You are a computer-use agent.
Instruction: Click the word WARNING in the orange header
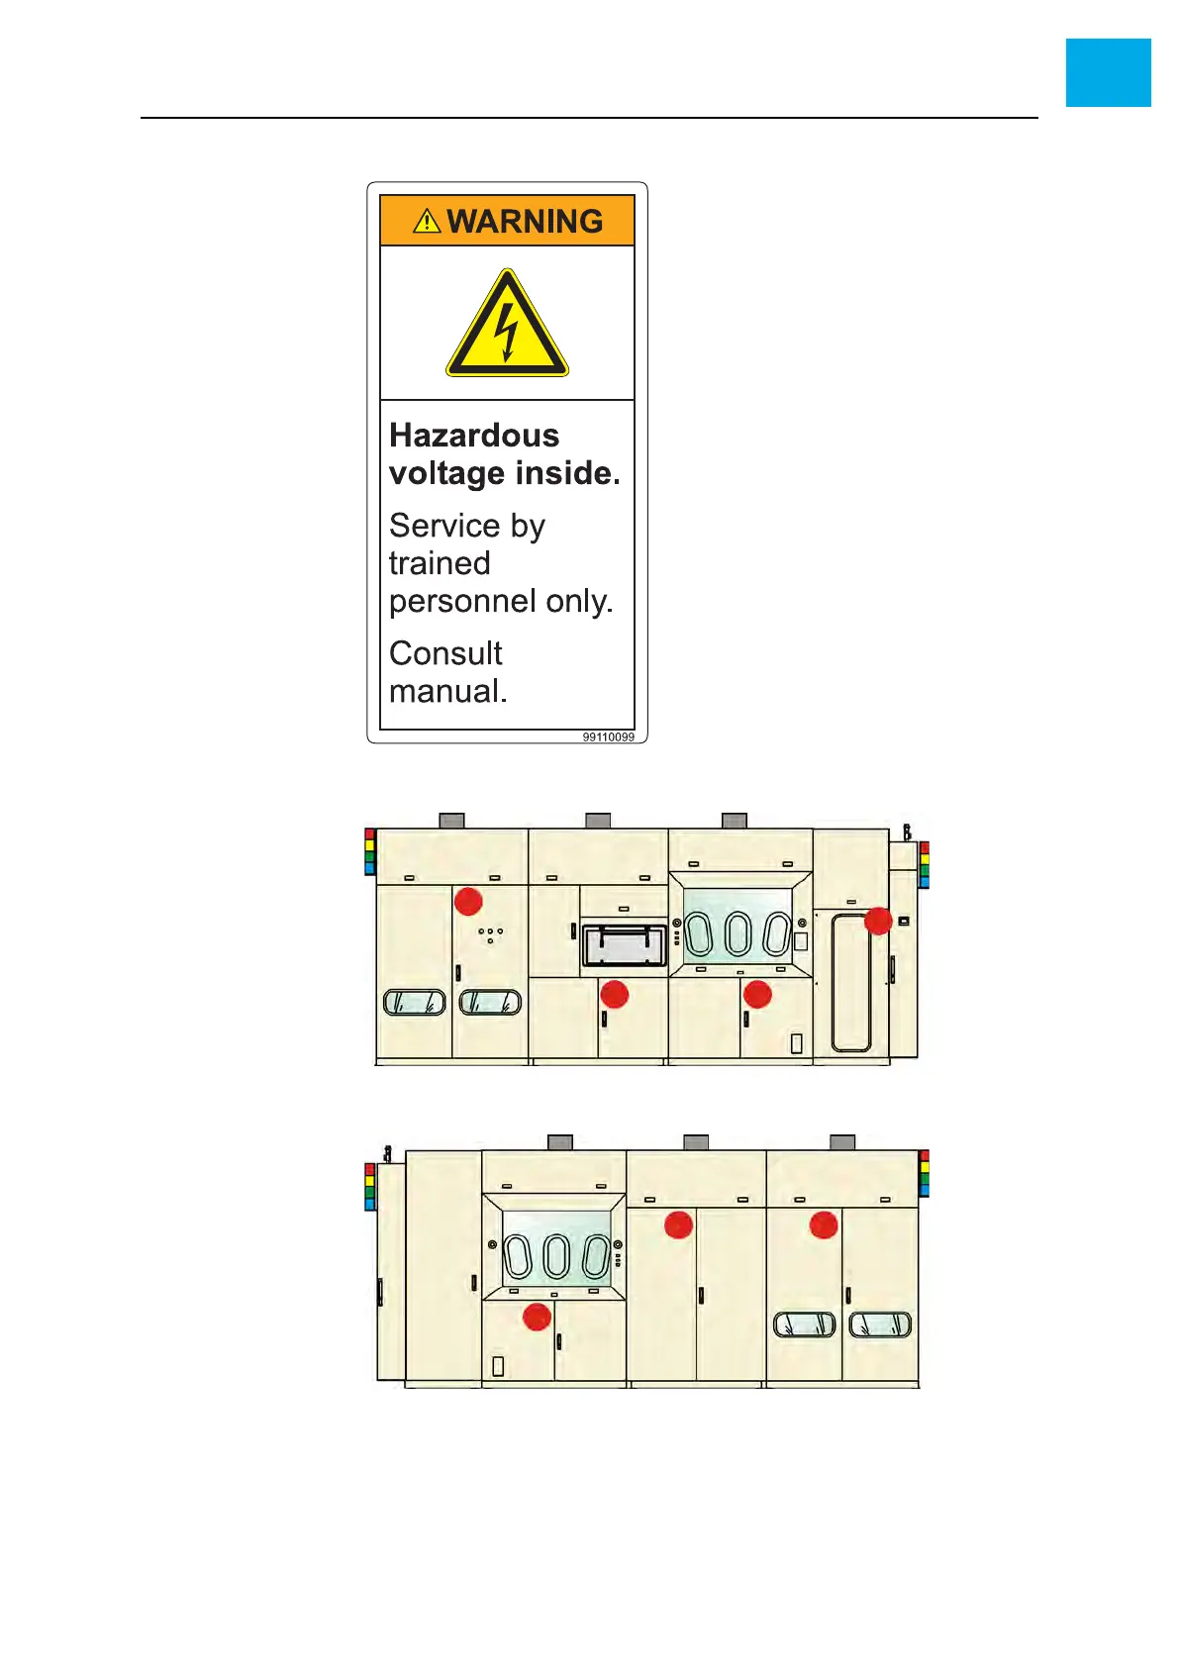pos(525,221)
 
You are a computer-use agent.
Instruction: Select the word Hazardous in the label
pos(474,436)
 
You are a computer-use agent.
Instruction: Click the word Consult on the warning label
pos(445,653)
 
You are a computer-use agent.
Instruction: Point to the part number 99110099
pos(608,737)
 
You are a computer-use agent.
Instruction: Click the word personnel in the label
pos(451,602)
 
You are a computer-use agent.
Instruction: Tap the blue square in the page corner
pos(1108,72)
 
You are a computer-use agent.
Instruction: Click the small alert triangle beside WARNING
pos(427,221)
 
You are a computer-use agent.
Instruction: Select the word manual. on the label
pos(447,691)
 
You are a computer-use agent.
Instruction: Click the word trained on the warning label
pos(440,563)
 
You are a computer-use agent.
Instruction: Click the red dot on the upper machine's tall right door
pos(878,921)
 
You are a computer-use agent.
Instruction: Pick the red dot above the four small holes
pos(468,901)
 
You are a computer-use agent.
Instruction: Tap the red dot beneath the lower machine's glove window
pos(537,1317)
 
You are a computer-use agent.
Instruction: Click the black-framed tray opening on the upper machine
pos(624,946)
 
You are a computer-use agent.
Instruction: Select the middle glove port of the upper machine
pos(737,933)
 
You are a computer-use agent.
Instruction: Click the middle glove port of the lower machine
pos(557,1257)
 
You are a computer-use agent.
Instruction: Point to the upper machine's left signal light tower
pos(370,852)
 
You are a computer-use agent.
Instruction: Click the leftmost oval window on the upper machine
pos(414,1003)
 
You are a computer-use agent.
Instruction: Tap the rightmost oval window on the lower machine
pos(880,1324)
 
